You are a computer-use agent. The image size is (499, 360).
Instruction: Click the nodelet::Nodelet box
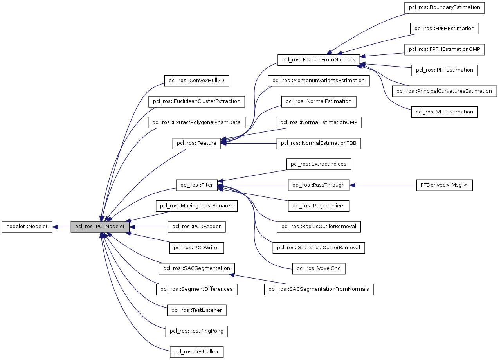click(x=27, y=227)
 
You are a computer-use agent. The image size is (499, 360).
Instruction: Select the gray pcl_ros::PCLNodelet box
click(x=100, y=227)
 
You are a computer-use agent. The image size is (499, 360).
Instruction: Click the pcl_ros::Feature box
click(x=196, y=143)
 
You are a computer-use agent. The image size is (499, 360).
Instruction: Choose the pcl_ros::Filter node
click(x=196, y=185)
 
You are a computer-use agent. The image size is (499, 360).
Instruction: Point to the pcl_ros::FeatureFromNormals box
click(x=318, y=60)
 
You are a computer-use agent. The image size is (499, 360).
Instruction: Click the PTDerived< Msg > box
click(x=444, y=185)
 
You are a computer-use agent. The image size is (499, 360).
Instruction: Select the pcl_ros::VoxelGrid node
click(x=319, y=268)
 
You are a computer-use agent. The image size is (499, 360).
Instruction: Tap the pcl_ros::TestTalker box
click(x=196, y=352)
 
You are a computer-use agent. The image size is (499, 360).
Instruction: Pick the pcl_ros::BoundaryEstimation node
click(x=444, y=8)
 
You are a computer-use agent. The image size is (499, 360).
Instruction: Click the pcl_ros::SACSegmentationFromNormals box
click(x=319, y=290)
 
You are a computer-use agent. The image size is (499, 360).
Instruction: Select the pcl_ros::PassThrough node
click(x=319, y=185)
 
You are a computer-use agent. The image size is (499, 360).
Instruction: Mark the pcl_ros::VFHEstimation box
click(x=444, y=112)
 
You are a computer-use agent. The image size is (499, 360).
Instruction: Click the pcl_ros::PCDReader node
click(x=196, y=227)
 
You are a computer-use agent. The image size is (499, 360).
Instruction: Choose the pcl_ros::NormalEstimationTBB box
click(x=319, y=143)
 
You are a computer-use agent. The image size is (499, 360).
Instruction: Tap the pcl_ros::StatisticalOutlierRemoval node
click(x=319, y=248)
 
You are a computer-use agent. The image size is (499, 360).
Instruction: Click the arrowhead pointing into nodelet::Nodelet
click(x=56, y=227)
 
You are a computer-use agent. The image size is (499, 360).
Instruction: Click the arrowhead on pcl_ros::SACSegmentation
click(x=232, y=275)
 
